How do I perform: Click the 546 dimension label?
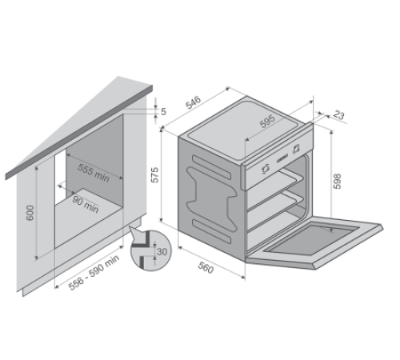(x=194, y=102)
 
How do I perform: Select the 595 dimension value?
(x=267, y=121)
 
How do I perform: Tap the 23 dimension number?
(x=338, y=115)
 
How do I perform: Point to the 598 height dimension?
(x=338, y=181)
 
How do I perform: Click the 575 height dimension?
(x=154, y=175)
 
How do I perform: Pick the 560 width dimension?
(x=206, y=267)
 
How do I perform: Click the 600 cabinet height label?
(x=30, y=213)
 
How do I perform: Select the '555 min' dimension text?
(x=94, y=173)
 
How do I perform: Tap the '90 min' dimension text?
(x=86, y=205)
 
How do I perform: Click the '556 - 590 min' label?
(x=94, y=272)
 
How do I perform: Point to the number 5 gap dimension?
(x=163, y=111)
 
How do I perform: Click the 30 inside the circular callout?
(x=162, y=251)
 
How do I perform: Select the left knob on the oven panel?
(x=266, y=169)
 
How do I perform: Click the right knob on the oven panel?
(x=296, y=149)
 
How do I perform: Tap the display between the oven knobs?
(x=282, y=158)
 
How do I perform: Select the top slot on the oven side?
(x=211, y=167)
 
